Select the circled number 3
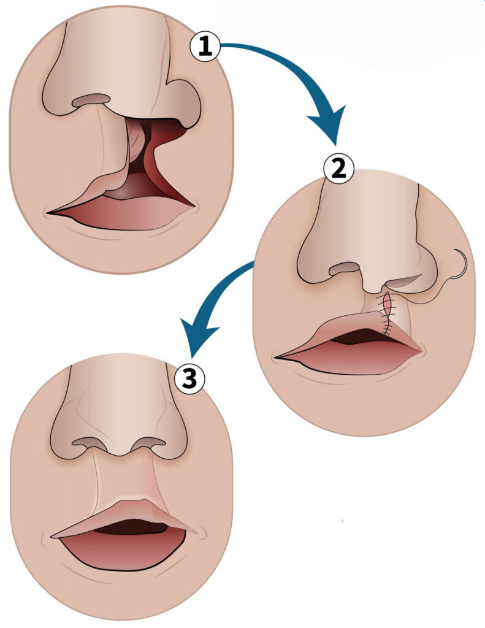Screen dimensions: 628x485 coord(190,379)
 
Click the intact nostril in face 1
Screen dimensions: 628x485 coord(91,100)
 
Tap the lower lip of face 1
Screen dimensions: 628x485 coord(129,216)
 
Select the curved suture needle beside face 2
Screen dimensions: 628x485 coord(460,264)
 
